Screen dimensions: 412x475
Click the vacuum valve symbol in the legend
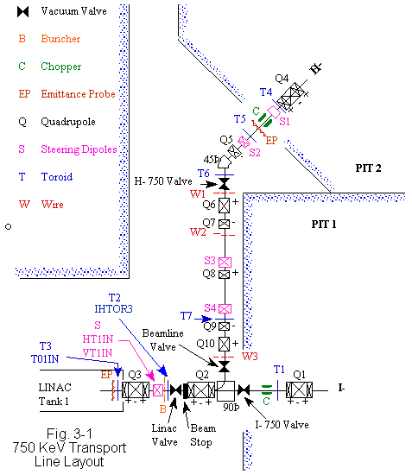click(23, 11)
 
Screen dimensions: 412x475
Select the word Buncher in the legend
click(60, 39)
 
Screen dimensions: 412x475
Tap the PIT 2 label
click(368, 168)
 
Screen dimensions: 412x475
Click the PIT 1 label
click(324, 225)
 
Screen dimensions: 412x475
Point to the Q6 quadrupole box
click(224, 206)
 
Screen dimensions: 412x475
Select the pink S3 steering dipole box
click(225, 263)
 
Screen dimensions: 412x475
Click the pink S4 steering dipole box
click(225, 308)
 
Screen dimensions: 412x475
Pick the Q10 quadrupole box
click(224, 344)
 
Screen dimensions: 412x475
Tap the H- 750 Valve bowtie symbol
click(225, 184)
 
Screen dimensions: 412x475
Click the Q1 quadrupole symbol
click(300, 389)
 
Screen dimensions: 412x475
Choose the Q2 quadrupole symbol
click(201, 389)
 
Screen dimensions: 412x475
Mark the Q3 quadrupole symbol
click(136, 389)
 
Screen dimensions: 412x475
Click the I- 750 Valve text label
click(282, 425)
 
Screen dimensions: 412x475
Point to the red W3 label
click(250, 356)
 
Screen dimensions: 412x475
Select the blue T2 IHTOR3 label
click(114, 303)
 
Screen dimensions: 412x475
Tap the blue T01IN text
click(45, 359)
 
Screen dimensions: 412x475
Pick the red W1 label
click(198, 193)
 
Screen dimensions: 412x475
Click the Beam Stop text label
click(203, 435)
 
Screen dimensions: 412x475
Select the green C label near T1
click(266, 401)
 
